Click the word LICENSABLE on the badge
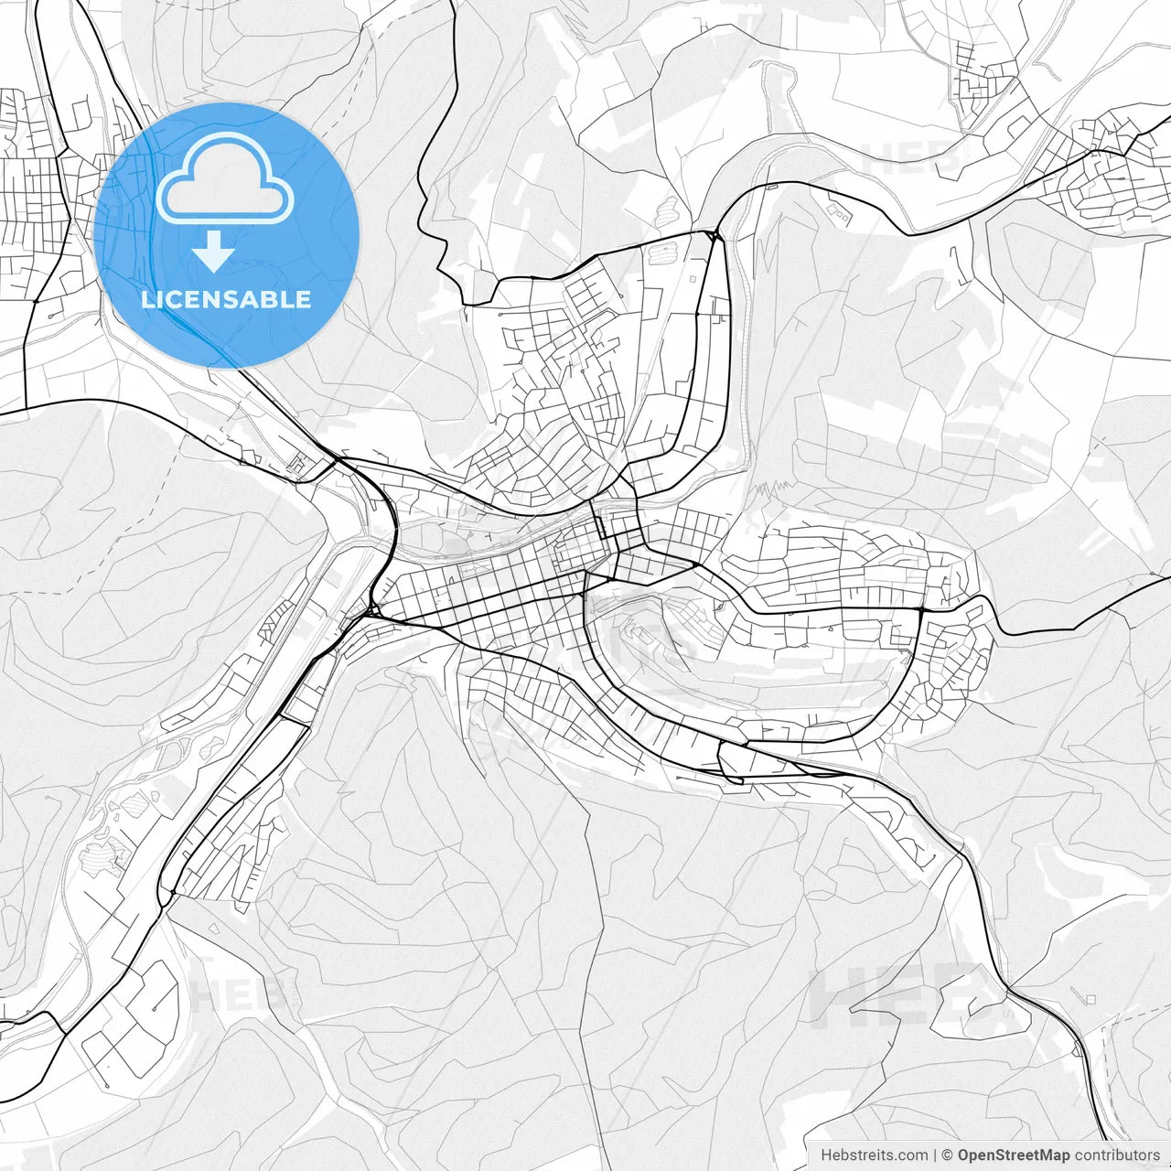point(226,299)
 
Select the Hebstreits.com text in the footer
point(874,1155)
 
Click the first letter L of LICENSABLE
point(147,299)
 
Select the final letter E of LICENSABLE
point(304,299)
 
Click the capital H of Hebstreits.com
point(826,1155)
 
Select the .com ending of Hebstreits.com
point(909,1155)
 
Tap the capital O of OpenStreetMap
point(964,1155)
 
